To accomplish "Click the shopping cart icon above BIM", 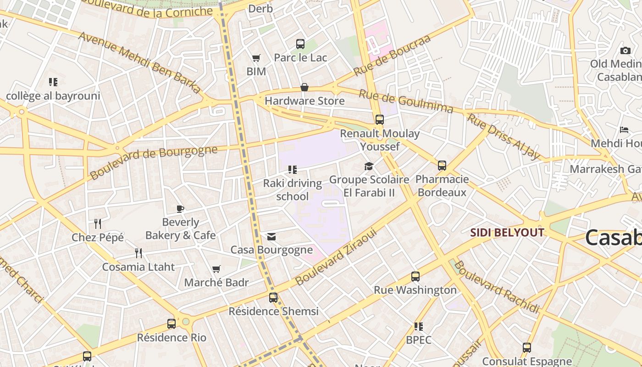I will [x=256, y=58].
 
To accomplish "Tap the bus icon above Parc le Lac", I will [x=300, y=44].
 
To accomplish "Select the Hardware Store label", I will [x=304, y=101].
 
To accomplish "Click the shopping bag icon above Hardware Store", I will [x=304, y=87].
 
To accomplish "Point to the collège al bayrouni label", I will [x=53, y=96].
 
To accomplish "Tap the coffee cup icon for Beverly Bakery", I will [x=180, y=209].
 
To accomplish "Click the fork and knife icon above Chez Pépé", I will [x=97, y=224].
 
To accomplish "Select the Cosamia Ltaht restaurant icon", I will [x=138, y=253].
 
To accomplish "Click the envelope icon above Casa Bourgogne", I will [x=271, y=237].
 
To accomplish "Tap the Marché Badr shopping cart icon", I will [x=216, y=269].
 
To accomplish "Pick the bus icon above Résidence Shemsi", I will [x=273, y=297].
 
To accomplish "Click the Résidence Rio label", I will [x=172, y=338].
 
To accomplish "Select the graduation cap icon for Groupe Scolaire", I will [x=369, y=166].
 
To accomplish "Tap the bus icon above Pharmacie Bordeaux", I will [x=442, y=166].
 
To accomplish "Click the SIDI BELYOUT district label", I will [x=507, y=233].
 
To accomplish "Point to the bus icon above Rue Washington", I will [x=415, y=277].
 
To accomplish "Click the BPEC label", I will [x=419, y=340].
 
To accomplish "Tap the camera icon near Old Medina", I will [x=625, y=50].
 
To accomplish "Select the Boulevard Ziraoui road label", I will [x=336, y=257].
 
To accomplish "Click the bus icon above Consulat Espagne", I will [x=527, y=348].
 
